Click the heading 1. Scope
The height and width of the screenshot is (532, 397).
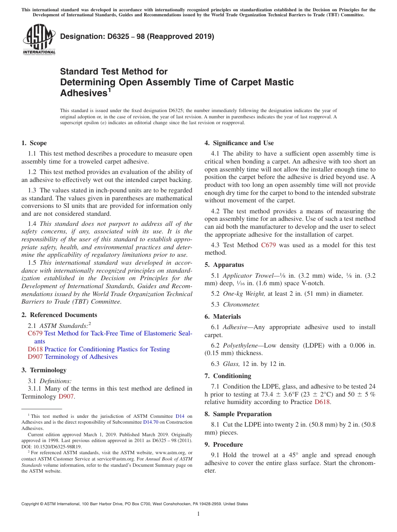coord(34,143)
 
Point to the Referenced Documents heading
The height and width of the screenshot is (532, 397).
coord(59,315)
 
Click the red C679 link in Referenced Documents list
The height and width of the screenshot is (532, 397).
coord(35,333)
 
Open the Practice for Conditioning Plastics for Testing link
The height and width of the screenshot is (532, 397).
coord(107,349)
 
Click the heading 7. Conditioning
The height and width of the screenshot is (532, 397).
coord(228,376)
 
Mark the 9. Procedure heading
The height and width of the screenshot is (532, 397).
coord(224,445)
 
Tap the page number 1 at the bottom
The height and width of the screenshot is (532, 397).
coord(198,514)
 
